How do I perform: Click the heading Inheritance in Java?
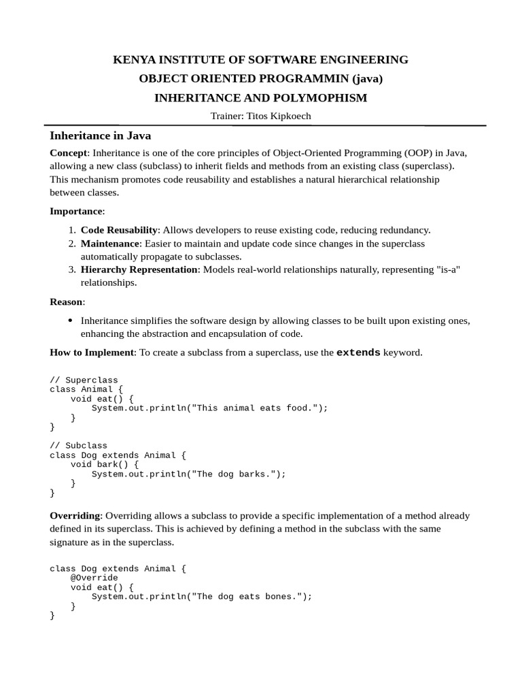[x=100, y=136]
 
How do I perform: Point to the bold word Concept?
[x=69, y=153]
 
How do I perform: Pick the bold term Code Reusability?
[x=119, y=230]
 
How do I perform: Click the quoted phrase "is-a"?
[x=447, y=270]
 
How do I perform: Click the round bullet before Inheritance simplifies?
[x=71, y=321]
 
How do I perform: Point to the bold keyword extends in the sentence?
[x=358, y=353]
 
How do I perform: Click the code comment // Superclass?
[x=84, y=380]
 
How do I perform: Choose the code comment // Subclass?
[x=79, y=446]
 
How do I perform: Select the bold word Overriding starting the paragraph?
[x=75, y=516]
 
